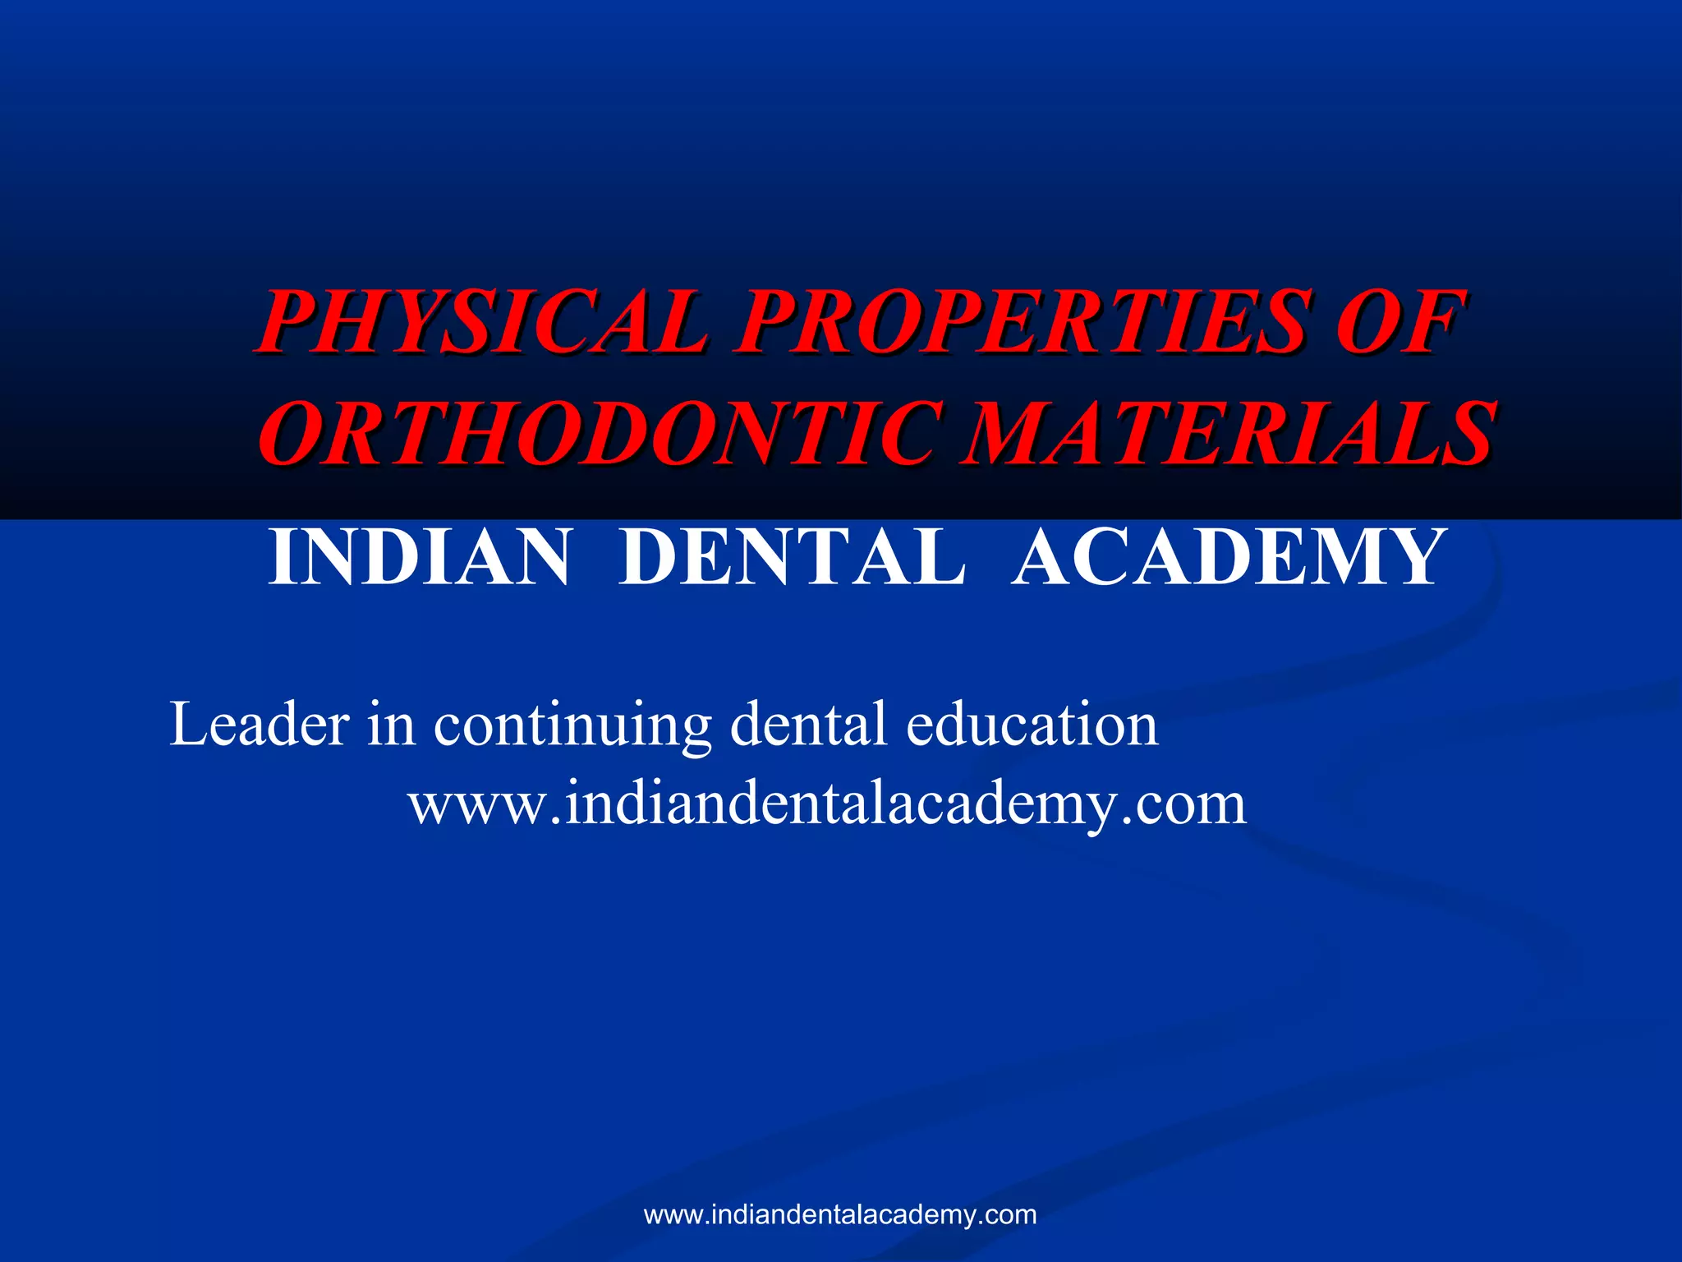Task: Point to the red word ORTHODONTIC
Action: tap(600, 433)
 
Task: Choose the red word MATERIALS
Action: tap(1227, 433)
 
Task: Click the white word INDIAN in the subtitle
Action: tap(419, 558)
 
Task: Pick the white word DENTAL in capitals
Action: tap(792, 558)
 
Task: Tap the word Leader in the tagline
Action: tap(260, 724)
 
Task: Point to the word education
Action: tap(1032, 724)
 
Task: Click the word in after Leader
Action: tap(391, 724)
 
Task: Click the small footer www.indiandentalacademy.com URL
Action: tap(840, 1214)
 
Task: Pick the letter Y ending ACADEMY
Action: tap(1409, 558)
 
